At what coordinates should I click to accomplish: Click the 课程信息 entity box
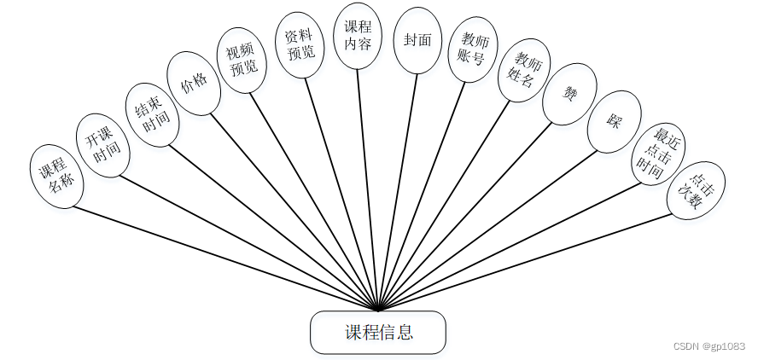pos(377,332)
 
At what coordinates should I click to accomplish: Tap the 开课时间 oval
pos(102,146)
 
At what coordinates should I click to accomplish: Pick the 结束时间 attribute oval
pos(149,115)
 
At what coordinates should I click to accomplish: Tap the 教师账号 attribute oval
pos(473,49)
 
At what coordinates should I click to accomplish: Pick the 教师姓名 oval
pos(524,70)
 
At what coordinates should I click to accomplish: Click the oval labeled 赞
pos(569,95)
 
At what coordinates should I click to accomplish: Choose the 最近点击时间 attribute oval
pos(658,154)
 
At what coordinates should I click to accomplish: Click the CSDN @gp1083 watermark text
pos(708,346)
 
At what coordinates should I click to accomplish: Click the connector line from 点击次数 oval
pos(529,263)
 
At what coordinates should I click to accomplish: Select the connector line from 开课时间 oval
pos(248,241)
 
